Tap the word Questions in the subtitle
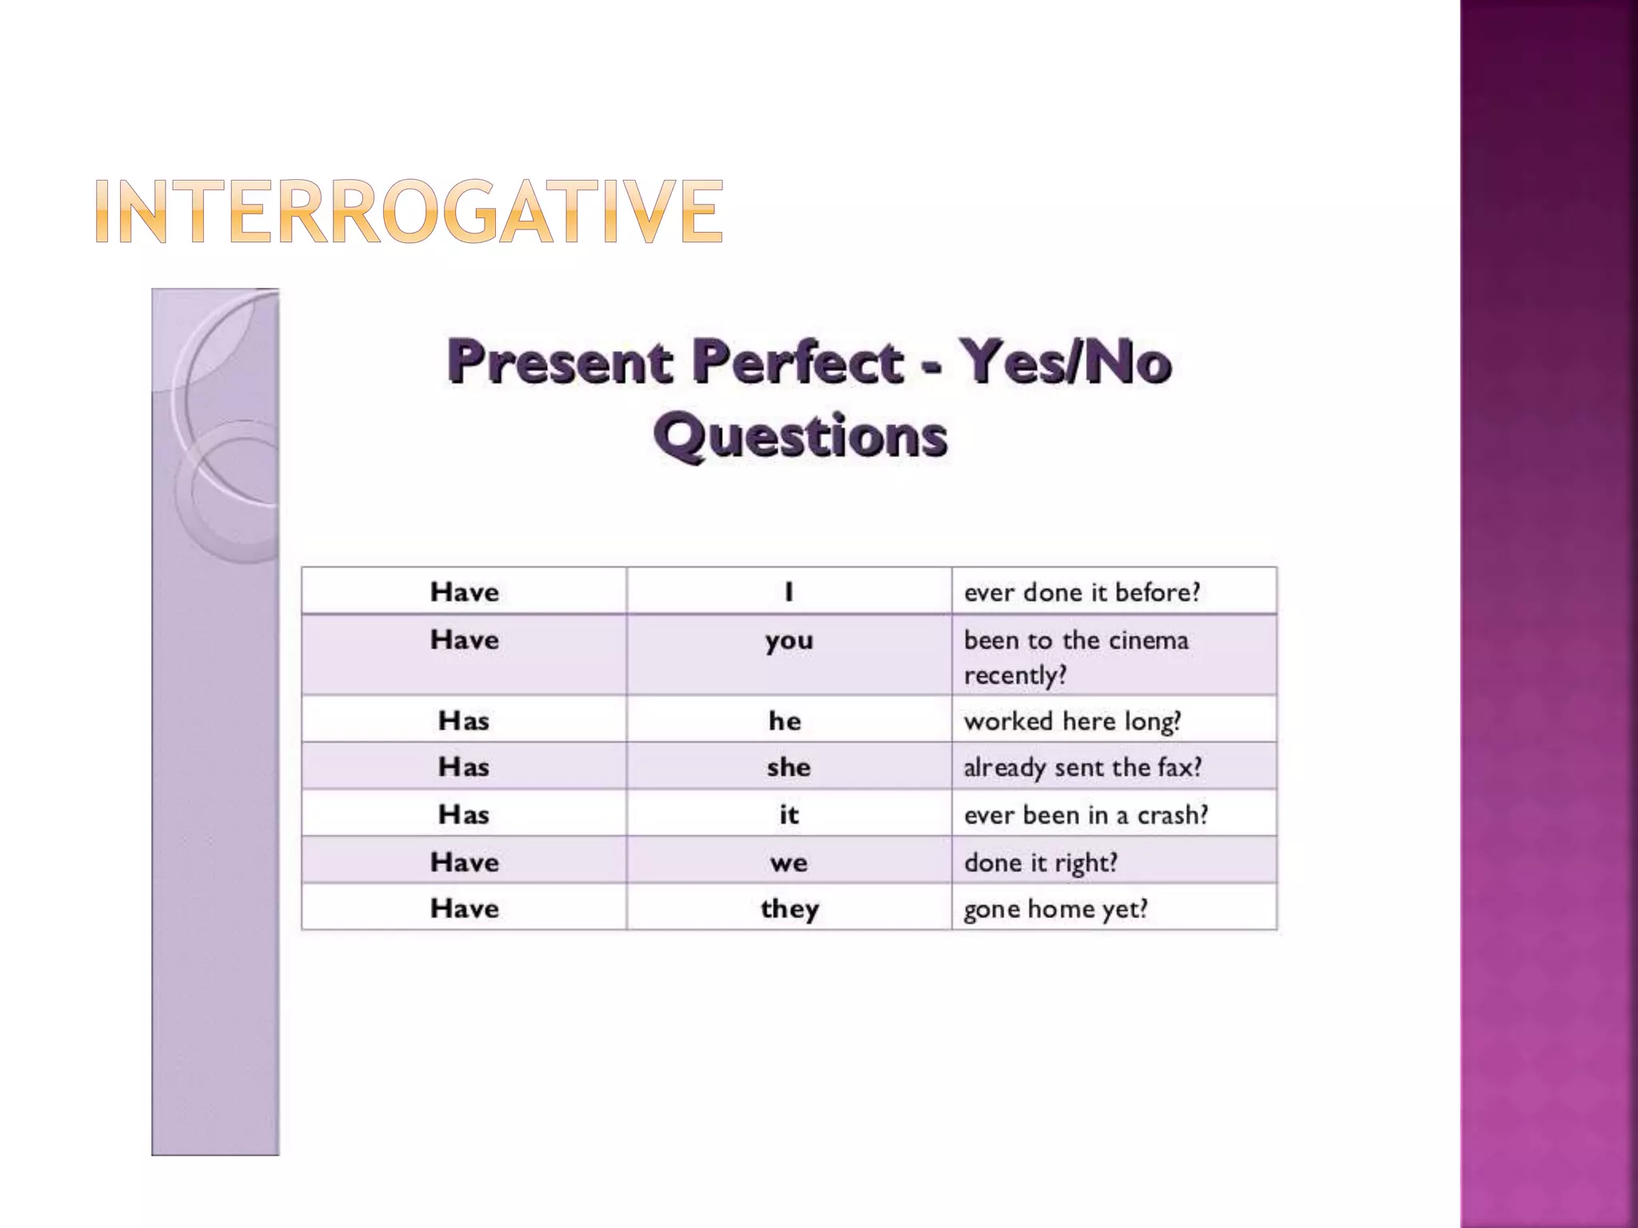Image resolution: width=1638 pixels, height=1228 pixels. pyautogui.click(x=801, y=437)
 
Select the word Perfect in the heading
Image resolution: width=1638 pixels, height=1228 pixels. pyautogui.click(x=797, y=362)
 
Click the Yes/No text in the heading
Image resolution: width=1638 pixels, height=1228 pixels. pyautogui.click(x=1065, y=362)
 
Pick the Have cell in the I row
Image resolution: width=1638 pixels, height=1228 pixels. pyautogui.click(x=464, y=592)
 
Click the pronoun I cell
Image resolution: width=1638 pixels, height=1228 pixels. pyautogui.click(x=789, y=592)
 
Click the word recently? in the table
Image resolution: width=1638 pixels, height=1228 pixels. pyautogui.click(x=1015, y=676)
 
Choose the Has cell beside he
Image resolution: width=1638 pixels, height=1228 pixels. pyautogui.click(x=464, y=721)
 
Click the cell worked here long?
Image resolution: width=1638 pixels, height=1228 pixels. pyautogui.click(x=1072, y=721)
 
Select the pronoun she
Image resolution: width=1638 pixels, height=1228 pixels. pyautogui.click(x=789, y=767)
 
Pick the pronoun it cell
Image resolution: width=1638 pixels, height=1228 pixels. pyautogui.click(x=789, y=815)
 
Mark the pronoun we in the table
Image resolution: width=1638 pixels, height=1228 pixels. pyautogui.click(x=789, y=863)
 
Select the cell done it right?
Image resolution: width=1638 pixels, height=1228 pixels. pyautogui.click(x=1040, y=863)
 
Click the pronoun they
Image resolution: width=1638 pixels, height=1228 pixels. pyautogui.click(x=789, y=909)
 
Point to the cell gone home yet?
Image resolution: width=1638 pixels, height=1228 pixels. pyautogui.click(x=1055, y=909)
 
